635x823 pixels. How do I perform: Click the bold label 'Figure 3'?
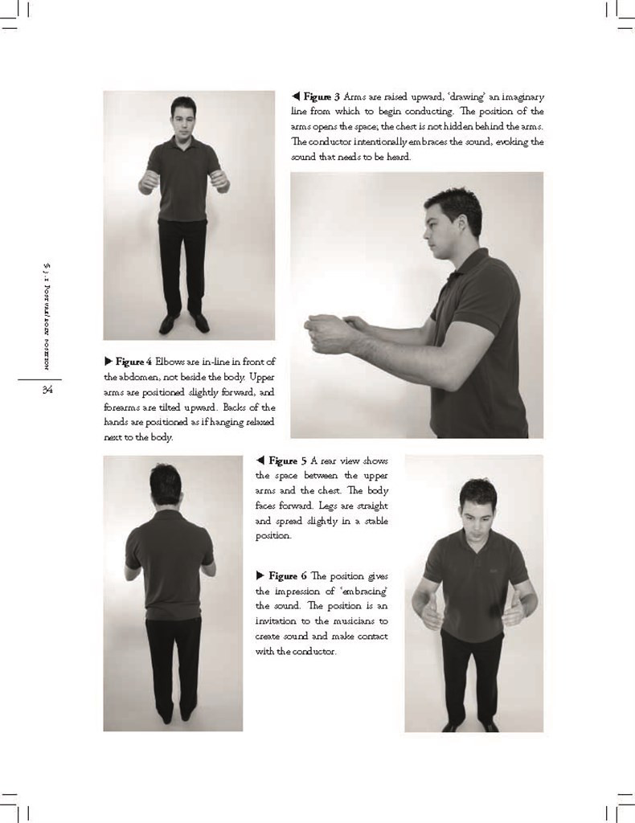point(322,97)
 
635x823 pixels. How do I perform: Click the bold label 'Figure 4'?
point(133,362)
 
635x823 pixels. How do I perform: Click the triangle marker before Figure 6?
point(260,576)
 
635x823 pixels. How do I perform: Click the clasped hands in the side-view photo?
point(330,331)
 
